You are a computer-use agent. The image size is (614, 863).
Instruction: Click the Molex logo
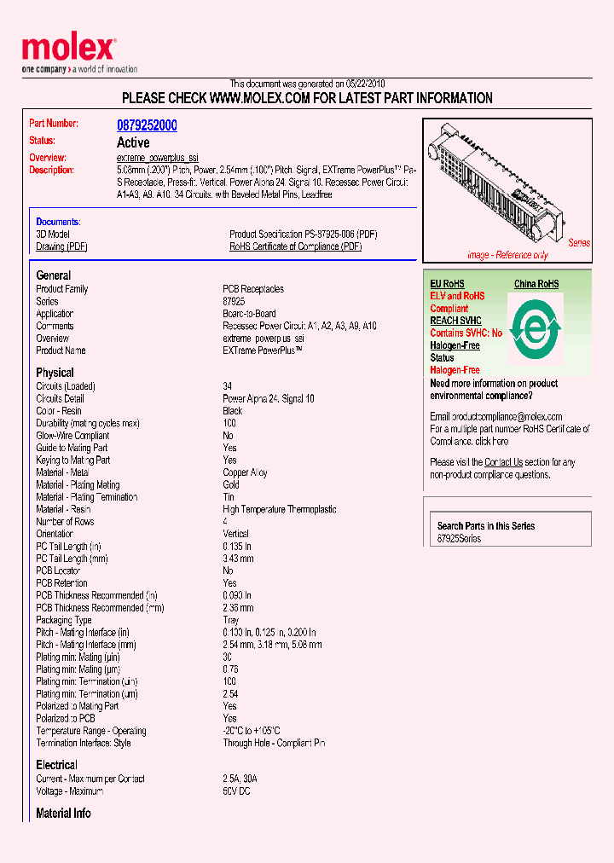(68, 50)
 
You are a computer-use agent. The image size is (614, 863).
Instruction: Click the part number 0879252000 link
(147, 125)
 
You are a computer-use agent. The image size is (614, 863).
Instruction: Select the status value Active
(133, 142)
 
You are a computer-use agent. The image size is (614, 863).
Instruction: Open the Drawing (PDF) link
(61, 246)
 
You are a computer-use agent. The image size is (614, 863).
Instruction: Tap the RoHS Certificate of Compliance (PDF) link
(295, 246)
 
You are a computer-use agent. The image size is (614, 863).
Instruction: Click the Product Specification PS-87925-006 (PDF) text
(303, 235)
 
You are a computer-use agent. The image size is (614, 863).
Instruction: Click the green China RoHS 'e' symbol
(536, 328)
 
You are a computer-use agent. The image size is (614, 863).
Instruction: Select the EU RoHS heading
(447, 284)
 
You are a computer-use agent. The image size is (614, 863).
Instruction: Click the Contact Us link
(503, 462)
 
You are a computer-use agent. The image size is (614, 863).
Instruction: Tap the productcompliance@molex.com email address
(495, 417)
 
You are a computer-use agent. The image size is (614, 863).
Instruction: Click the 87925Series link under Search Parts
(459, 539)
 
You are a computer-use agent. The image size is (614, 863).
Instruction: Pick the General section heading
(53, 275)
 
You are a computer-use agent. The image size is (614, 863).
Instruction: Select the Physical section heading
(55, 373)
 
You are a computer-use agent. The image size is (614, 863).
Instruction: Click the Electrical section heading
(56, 765)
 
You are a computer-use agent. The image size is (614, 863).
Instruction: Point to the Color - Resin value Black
(233, 411)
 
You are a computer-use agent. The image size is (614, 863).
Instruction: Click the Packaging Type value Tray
(230, 620)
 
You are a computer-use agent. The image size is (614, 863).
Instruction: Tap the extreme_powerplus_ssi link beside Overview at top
(157, 159)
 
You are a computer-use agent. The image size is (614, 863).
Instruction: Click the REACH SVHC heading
(456, 321)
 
